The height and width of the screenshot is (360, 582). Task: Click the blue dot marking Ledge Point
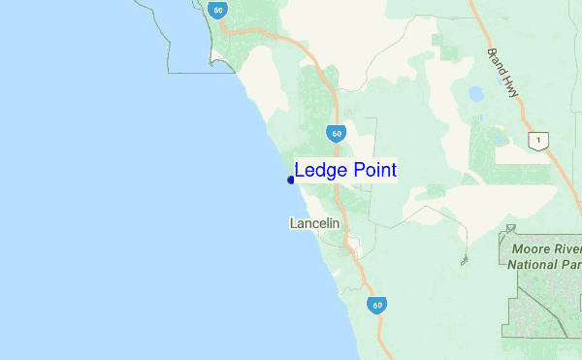tap(291, 180)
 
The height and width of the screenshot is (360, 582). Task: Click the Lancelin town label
tap(313, 223)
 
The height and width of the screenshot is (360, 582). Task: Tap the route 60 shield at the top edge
tap(216, 10)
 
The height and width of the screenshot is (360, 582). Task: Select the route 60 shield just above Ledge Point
tap(335, 133)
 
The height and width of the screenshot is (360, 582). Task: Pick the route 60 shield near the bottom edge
tap(376, 304)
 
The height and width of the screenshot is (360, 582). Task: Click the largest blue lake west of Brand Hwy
tap(475, 95)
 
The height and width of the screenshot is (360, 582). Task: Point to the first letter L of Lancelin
tap(293, 223)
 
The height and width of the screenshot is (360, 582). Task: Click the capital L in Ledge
tap(300, 171)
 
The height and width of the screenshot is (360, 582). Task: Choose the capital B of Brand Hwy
tap(492, 52)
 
